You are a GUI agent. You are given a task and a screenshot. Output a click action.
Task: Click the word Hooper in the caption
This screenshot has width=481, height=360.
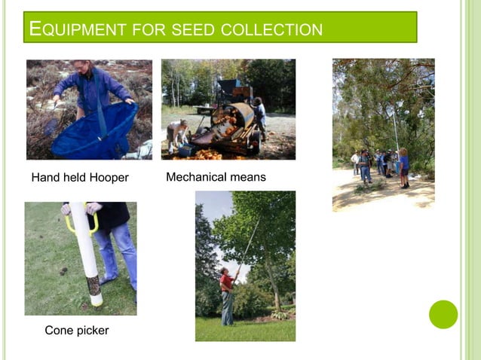[109, 178]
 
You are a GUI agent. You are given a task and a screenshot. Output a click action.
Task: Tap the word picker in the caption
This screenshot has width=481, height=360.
[93, 331]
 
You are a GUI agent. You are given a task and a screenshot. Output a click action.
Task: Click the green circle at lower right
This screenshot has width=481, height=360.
[443, 314]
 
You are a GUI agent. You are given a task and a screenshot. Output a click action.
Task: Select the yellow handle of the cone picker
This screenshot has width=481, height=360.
[71, 223]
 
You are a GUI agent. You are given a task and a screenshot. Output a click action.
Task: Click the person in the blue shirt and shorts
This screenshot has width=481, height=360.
[404, 166]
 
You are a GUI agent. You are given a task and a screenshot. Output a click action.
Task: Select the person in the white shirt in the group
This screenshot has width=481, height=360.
[356, 161]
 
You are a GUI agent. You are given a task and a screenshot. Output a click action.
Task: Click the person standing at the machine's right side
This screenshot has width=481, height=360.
[260, 117]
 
